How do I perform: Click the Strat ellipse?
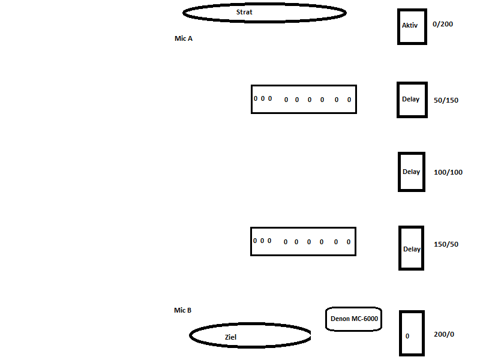(264, 13)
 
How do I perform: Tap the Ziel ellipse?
(250, 336)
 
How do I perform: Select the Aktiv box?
(412, 26)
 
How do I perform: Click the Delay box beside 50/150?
(412, 100)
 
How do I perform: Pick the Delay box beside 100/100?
(412, 172)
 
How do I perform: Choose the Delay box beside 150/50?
(412, 248)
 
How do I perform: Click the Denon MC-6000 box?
(354, 319)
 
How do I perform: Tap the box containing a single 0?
(412, 334)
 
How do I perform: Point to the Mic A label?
(184, 38)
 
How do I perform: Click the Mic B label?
(183, 310)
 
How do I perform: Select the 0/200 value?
(443, 25)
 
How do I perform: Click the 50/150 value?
(446, 100)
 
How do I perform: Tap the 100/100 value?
(448, 173)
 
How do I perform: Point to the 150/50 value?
(446, 245)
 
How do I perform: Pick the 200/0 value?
(443, 334)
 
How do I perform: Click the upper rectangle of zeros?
(304, 99)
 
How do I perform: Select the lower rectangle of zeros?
(303, 241)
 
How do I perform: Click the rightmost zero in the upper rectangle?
(349, 100)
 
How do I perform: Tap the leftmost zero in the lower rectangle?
(255, 241)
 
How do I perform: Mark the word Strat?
(244, 12)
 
